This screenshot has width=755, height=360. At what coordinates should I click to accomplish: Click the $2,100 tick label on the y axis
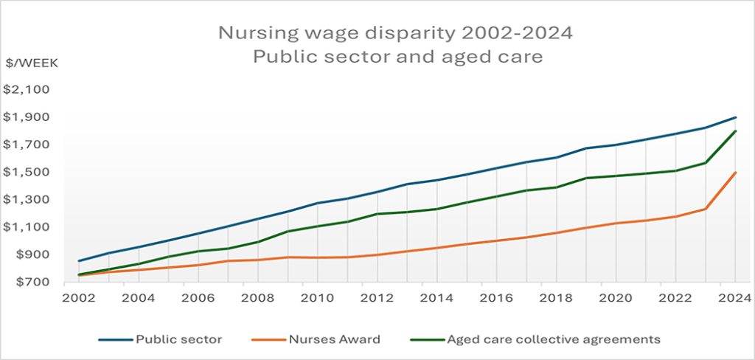[x=26, y=89]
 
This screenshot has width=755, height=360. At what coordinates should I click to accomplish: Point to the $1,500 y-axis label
[x=26, y=172]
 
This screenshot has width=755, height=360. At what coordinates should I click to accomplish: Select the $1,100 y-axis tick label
[x=26, y=227]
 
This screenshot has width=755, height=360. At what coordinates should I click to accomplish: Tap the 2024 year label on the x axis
[x=735, y=298]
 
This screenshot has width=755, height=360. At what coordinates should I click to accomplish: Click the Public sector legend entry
[x=178, y=339]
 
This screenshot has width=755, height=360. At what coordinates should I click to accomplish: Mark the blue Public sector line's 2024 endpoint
[x=735, y=117]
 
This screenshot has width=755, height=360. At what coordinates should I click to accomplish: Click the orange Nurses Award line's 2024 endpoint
[x=735, y=173]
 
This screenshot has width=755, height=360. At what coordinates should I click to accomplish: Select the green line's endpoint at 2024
[x=735, y=131]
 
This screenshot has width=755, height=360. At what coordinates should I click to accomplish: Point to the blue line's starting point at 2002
[x=79, y=261]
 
